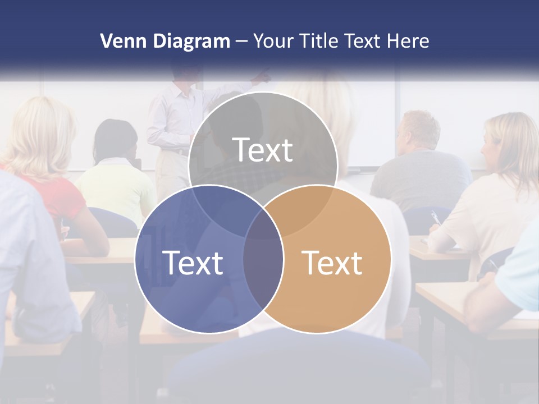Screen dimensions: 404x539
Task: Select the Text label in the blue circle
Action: tap(193, 262)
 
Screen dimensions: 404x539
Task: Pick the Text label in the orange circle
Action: tap(332, 262)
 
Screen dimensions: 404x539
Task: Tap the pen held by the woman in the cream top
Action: tap(435, 218)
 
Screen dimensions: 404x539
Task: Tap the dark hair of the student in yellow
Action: tap(115, 137)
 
